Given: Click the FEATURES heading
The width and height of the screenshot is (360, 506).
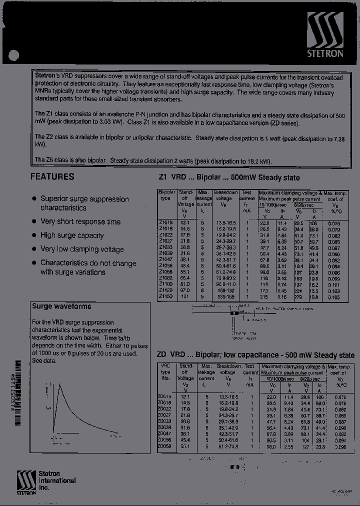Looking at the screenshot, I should pos(52,176).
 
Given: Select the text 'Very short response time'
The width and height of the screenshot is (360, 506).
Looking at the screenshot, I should pos(80,221).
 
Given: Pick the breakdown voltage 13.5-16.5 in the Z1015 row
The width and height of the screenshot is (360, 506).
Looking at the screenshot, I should pos(225,222).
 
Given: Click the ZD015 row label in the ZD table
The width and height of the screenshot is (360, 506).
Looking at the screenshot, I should pos(165,396).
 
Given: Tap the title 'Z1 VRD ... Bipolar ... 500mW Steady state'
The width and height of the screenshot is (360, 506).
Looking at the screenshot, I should pos(229,177).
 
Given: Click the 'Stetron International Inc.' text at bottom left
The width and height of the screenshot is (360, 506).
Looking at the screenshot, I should pos(57,480).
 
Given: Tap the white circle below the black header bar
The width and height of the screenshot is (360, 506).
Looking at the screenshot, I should pos(15,56).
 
